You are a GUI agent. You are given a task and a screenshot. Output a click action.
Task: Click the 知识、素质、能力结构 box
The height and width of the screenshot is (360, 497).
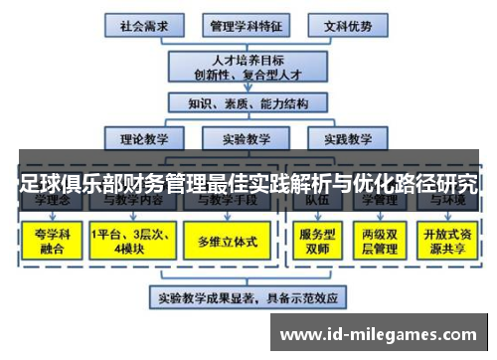[x=246, y=101]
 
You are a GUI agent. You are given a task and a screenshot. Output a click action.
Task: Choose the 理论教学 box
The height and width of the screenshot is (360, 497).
[x=145, y=139]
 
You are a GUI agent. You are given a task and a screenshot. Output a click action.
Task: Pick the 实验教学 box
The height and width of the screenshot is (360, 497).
[x=246, y=139]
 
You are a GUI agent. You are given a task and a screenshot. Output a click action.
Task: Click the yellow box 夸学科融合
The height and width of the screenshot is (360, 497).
[x=52, y=240]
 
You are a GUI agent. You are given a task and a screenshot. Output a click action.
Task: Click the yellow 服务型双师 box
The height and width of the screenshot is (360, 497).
[x=318, y=240]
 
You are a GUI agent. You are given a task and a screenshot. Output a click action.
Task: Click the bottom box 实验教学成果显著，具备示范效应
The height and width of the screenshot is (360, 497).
[x=246, y=297]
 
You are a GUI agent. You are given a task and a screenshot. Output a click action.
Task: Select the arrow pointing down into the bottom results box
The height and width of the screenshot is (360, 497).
[x=246, y=278]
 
